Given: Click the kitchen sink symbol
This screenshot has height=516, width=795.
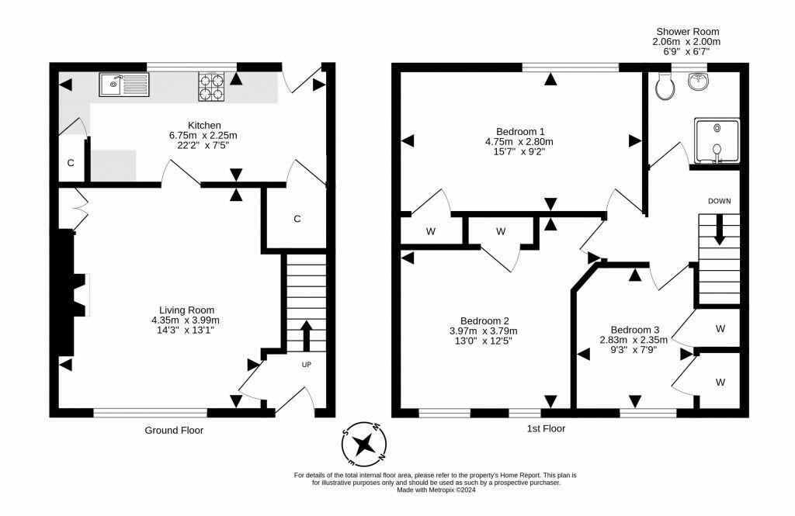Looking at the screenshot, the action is click(x=124, y=85).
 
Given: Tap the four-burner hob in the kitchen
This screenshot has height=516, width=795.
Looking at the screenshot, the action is click(x=211, y=87).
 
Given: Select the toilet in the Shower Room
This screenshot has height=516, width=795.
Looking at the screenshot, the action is click(x=665, y=85).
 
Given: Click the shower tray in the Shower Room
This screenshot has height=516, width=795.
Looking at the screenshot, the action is click(x=717, y=141).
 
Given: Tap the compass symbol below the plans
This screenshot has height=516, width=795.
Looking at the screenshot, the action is click(x=364, y=445).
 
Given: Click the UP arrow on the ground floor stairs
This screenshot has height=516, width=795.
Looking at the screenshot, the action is click(x=306, y=335).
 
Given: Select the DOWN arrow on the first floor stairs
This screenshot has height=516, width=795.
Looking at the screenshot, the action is click(x=719, y=230).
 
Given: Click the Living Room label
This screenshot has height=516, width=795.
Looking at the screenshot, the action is click(x=186, y=310).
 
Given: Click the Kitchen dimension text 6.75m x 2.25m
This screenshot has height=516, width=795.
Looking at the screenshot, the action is click(x=203, y=135).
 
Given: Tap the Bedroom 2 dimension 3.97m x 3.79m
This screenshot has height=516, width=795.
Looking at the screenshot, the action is click(x=484, y=331).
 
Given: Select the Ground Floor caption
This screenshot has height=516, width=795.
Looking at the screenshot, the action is click(x=174, y=431).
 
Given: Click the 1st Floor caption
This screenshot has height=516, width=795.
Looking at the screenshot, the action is click(x=546, y=429).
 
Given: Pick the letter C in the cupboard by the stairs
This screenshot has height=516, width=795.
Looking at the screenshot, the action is click(x=297, y=219).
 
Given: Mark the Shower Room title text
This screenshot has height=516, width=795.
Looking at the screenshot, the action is click(x=688, y=32).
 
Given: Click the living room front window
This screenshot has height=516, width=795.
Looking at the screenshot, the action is click(x=151, y=413).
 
